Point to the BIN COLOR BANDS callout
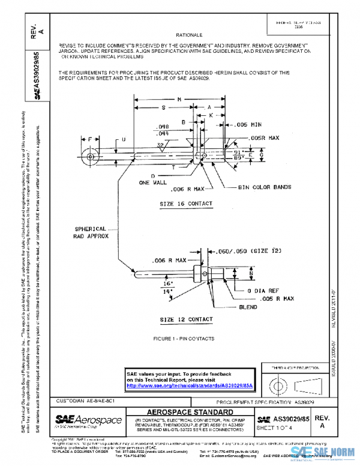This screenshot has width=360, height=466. [264, 187]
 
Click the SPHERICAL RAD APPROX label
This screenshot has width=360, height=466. [91, 232]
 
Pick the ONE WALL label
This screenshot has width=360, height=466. [152, 183]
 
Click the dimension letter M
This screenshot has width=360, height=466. [179, 98]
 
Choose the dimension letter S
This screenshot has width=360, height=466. [164, 107]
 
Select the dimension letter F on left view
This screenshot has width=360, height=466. [89, 139]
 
